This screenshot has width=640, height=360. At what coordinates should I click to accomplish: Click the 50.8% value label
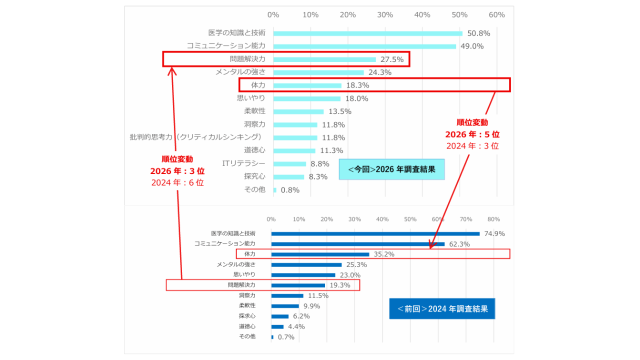pos(478,33)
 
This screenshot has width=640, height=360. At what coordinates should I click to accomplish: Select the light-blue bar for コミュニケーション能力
pos(364,46)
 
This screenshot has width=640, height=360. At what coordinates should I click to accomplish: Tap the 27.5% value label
pos(392,59)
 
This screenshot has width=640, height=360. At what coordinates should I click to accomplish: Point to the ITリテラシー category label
pos(244,163)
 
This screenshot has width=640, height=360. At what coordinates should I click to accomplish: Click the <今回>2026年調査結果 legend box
pos(391,169)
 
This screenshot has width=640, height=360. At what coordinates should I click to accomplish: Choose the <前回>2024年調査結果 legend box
pos(442,308)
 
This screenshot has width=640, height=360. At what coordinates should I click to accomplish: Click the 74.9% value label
pos(494,233)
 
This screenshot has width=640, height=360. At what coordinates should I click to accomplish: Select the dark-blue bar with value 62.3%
pos(357,244)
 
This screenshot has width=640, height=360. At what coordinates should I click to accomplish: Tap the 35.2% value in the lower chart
pos(384,254)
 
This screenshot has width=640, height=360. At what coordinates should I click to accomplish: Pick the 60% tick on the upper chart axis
pos(496,15)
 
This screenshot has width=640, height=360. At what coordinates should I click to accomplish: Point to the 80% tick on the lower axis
pos(493,219)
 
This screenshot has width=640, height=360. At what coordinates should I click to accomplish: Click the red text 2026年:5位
pos(472,134)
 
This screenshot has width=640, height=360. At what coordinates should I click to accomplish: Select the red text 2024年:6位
pos(177,182)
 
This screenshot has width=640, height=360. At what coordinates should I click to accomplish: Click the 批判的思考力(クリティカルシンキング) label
pos(195,137)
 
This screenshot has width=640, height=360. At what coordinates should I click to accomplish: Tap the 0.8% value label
pos(290,190)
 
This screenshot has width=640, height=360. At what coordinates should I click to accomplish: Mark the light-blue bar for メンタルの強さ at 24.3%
pos(318,72)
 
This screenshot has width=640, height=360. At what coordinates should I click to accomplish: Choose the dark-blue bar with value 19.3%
pos(298,285)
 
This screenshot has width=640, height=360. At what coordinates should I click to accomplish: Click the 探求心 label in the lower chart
pos(247,316)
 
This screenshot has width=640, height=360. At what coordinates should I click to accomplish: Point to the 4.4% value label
pos(296,326)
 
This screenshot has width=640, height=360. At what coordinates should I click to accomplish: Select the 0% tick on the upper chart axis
pos(273,15)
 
